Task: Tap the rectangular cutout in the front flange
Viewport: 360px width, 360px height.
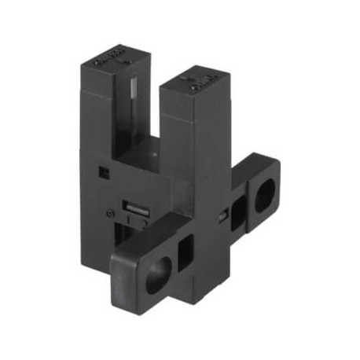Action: click(186, 255)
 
